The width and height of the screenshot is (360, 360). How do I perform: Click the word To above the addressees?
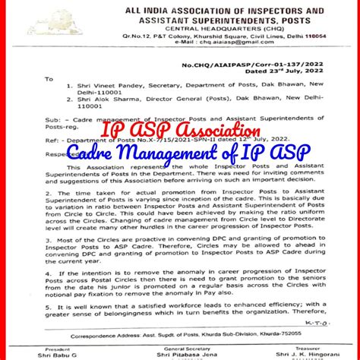point(49,77)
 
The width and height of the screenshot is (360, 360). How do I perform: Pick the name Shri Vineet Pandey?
point(107,87)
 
